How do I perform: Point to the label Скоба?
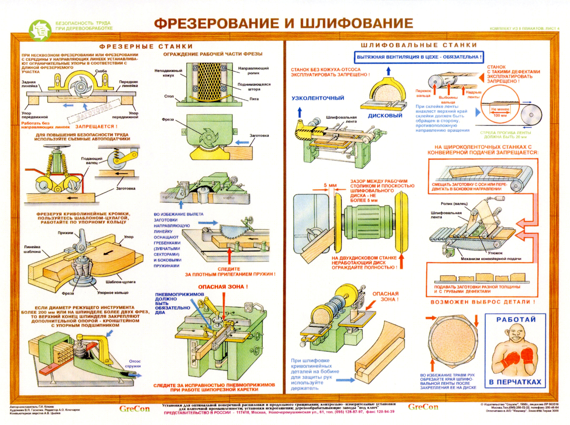[x=101, y=71]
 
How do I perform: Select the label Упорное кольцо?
[x=113, y=292]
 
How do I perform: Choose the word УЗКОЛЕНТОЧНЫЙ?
[x=318, y=98]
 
